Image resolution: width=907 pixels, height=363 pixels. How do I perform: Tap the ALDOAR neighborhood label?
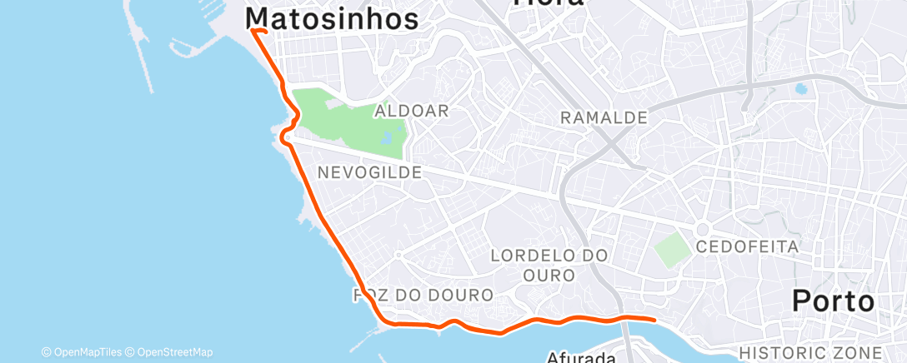tap(412, 111)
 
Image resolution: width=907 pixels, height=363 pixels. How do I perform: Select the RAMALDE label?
tap(604, 118)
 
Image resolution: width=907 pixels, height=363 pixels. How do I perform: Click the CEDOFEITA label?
tap(747, 246)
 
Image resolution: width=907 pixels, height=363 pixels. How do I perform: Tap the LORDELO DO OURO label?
tap(549, 264)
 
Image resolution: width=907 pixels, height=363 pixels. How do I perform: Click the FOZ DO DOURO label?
tap(423, 295)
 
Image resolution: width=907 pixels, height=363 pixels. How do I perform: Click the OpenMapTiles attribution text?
tap(81, 352)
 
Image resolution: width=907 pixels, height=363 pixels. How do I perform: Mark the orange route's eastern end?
tap(655, 319)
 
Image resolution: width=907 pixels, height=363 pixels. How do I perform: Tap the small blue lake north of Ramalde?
tap(801, 88)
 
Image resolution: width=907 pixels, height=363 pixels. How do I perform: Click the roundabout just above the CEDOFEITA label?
tap(702, 228)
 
